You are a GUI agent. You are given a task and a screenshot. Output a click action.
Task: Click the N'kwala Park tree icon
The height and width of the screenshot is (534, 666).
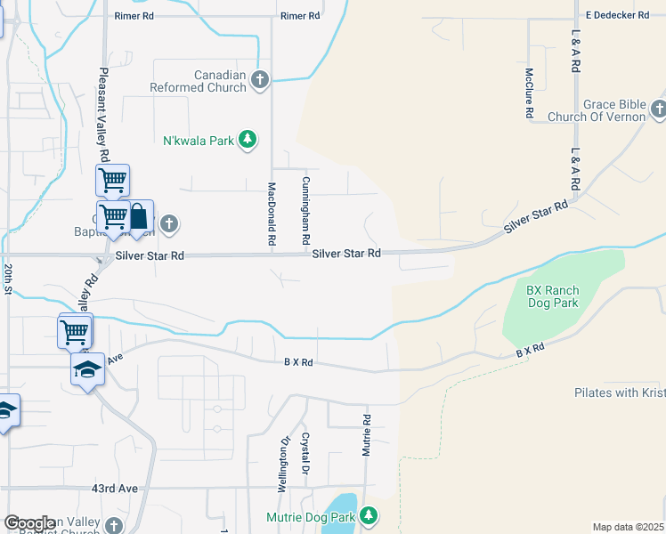(248, 140)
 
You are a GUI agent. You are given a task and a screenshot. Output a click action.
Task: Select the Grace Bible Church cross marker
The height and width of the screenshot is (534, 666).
(658, 109)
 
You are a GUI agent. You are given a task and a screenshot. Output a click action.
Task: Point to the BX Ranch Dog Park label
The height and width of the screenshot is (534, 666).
(552, 296)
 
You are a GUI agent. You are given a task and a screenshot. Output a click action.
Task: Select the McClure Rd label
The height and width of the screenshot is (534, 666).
(529, 94)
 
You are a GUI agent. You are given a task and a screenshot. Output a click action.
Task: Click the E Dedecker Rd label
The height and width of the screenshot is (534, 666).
(617, 15)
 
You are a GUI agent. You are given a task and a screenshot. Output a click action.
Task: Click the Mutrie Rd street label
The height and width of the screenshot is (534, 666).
(365, 435)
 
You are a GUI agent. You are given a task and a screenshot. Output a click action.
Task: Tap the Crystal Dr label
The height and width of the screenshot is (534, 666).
(305, 453)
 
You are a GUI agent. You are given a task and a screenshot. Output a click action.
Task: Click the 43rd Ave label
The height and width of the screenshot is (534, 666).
(116, 489)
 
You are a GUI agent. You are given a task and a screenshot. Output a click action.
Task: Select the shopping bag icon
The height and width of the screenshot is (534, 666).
(139, 216)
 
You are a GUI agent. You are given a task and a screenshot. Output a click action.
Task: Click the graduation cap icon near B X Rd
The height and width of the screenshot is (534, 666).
(87, 368)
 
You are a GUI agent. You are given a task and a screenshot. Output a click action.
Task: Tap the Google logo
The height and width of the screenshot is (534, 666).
(29, 523)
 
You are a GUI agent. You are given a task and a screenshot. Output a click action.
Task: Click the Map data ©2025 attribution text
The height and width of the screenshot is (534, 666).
(629, 527)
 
